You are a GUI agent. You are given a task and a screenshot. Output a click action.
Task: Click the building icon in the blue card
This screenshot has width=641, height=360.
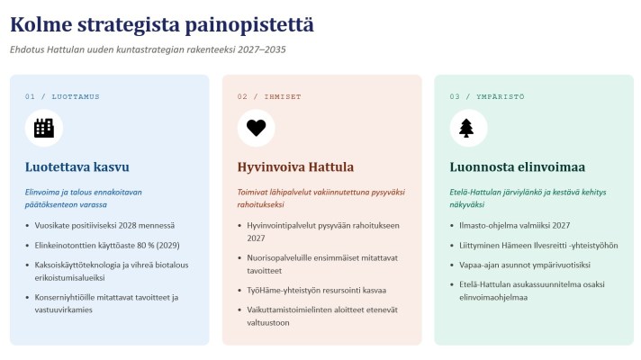(x=44, y=128)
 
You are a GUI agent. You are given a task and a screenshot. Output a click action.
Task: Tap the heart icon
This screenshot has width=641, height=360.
(x=256, y=128)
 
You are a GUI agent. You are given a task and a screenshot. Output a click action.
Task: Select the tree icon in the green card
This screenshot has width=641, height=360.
(x=466, y=128)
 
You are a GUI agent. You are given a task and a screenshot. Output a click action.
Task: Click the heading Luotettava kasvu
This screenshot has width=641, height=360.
(x=77, y=166)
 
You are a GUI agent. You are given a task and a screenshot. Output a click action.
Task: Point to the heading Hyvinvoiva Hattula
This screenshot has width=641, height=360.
(x=295, y=166)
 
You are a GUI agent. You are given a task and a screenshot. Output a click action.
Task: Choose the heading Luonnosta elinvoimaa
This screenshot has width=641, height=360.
(x=517, y=166)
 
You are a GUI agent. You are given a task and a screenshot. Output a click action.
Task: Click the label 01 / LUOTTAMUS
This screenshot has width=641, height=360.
(x=62, y=97)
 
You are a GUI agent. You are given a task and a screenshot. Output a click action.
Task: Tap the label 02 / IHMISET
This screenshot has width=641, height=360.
(x=269, y=97)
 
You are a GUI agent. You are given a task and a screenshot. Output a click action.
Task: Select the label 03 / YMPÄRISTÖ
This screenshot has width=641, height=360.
(x=487, y=97)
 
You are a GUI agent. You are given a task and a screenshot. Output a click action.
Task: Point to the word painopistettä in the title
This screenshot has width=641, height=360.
(x=249, y=25)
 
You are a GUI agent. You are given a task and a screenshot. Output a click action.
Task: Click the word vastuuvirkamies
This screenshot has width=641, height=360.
(x=63, y=310)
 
